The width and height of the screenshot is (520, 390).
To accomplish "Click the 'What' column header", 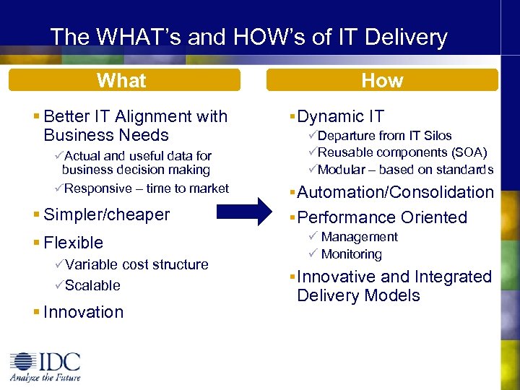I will point(121,80).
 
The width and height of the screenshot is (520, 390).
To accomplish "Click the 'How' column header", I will point(381,80).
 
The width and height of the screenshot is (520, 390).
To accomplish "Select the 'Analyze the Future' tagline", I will point(45,377).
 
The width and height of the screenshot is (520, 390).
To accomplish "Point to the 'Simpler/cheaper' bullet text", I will point(106,214).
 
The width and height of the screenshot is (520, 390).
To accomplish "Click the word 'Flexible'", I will point(73,243).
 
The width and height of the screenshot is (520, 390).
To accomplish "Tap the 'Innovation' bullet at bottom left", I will point(83,312).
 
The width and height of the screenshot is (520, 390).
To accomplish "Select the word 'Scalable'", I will point(92,285).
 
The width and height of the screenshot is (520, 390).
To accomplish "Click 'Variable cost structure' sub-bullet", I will point(136,264).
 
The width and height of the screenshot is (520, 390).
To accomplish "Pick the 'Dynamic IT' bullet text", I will point(340,116).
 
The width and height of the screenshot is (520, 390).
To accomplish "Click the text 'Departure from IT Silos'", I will point(384,136).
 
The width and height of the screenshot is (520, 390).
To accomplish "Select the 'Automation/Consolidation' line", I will point(395,192).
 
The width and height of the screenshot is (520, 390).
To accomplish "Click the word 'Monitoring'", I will point(351,254).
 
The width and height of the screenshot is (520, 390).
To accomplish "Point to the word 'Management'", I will point(359,237).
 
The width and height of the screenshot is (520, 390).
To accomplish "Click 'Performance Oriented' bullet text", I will point(382,217).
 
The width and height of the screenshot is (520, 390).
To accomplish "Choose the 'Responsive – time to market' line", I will point(146,188).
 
